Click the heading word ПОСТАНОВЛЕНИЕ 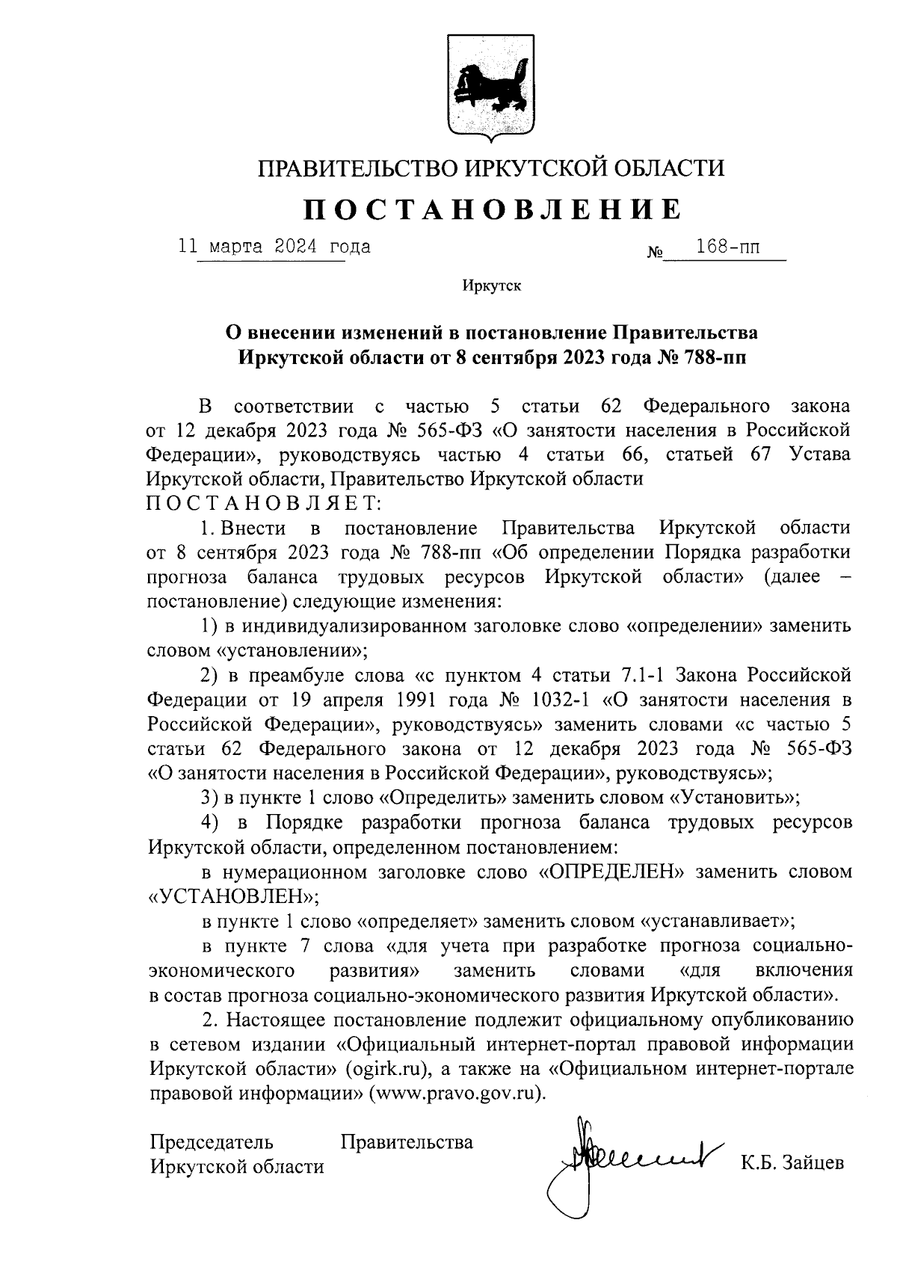coord(491,210)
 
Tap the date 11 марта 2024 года coord(274,246)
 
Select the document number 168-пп coord(727,247)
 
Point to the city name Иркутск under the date coord(491,286)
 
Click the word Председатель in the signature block coord(212,1142)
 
